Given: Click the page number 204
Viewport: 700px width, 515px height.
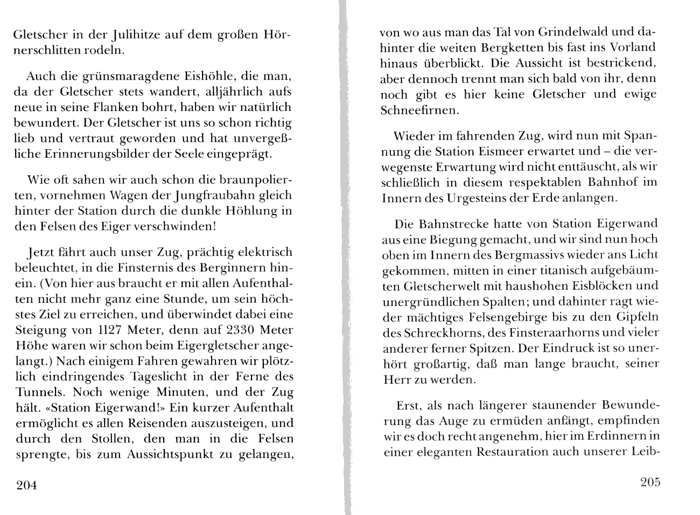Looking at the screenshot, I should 26,486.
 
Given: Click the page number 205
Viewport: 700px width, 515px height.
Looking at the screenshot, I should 650,482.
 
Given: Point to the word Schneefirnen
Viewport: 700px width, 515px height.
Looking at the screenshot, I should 419,110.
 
